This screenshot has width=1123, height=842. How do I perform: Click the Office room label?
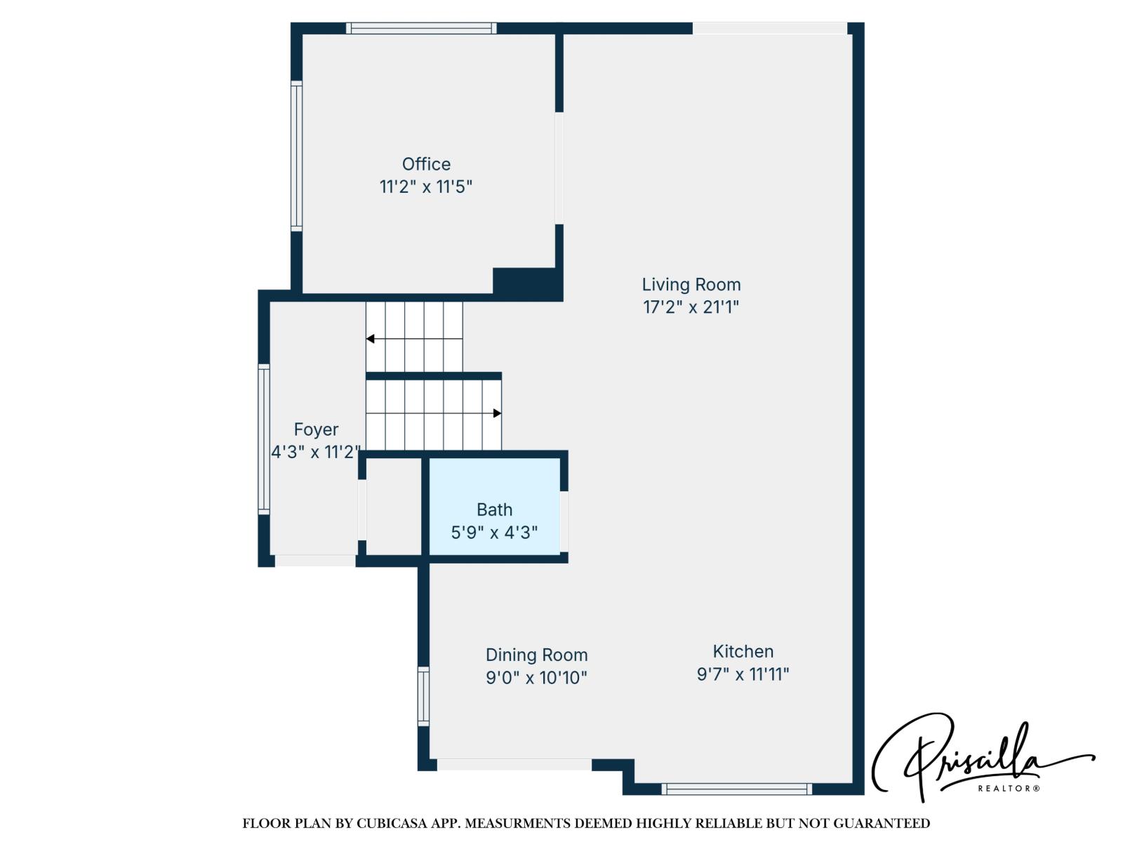tap(426, 164)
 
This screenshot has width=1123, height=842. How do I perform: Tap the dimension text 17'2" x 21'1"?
tap(691, 307)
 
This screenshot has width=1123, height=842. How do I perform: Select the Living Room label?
tap(691, 284)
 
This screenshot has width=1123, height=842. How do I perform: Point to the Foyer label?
tap(316, 429)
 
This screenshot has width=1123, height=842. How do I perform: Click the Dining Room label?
tap(536, 655)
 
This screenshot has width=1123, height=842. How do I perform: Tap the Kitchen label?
tap(743, 651)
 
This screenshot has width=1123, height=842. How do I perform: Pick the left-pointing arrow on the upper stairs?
tap(371, 339)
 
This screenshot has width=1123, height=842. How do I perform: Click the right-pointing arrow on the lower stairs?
tap(497, 413)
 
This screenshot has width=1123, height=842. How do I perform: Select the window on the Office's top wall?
tap(421, 28)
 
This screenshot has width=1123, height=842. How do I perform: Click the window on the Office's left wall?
tap(296, 156)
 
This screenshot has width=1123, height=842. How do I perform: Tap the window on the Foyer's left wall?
tap(264, 439)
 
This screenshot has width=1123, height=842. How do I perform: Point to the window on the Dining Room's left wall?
tap(423, 696)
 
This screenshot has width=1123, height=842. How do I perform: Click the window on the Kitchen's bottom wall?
tap(736, 789)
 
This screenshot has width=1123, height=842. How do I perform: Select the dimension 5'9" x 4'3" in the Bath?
tap(494, 533)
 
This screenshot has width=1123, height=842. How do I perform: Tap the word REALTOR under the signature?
tap(1008, 789)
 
